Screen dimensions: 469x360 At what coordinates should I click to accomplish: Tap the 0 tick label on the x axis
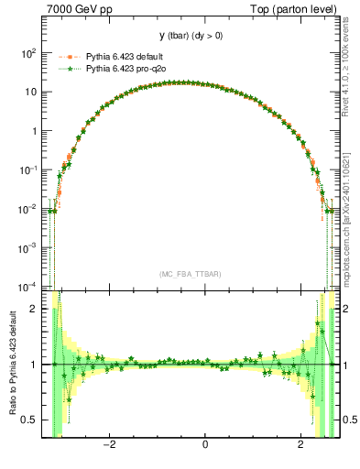coord(205,445)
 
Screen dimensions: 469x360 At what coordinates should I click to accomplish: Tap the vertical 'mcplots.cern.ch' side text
coord(351,229)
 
